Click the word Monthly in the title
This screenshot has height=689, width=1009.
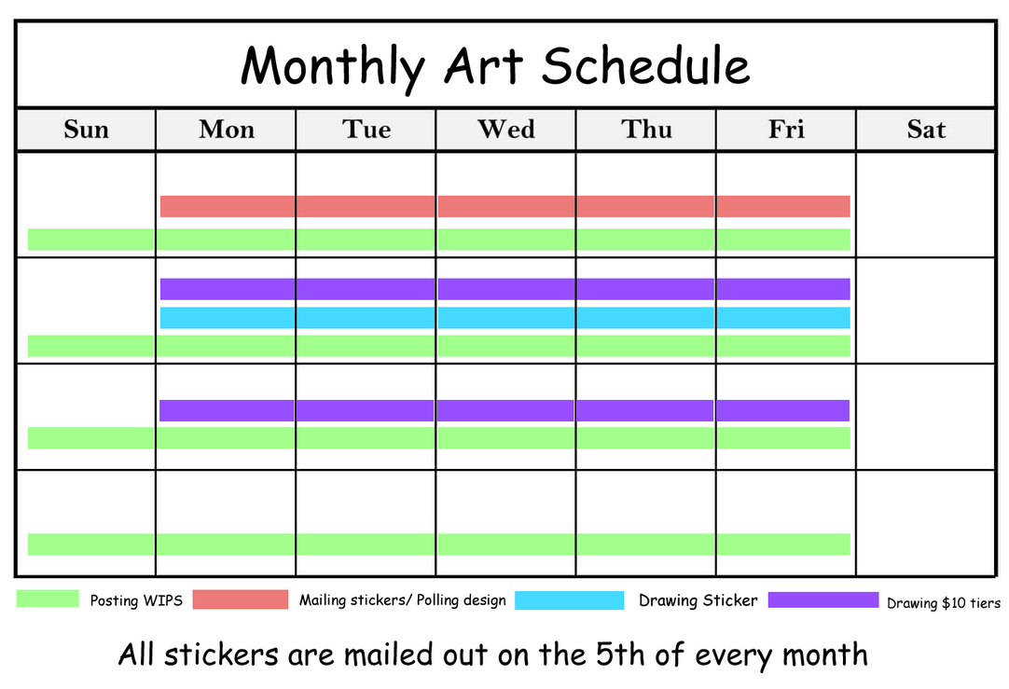pyautogui.click(x=333, y=68)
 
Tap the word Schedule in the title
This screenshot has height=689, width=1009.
pyautogui.click(x=645, y=65)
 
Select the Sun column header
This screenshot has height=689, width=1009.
pyautogui.click(x=86, y=130)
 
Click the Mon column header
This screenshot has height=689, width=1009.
pyautogui.click(x=227, y=130)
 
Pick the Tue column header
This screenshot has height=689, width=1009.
pyautogui.click(x=366, y=130)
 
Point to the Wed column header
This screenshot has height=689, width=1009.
pyautogui.click(x=505, y=130)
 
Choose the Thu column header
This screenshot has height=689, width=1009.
pyautogui.click(x=646, y=130)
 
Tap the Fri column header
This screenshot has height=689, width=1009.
pyautogui.click(x=786, y=130)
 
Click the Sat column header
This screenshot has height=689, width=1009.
pyautogui.click(x=926, y=130)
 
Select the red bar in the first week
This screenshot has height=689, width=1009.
pyautogui.click(x=505, y=206)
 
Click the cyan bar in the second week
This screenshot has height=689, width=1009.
pyautogui.click(x=505, y=318)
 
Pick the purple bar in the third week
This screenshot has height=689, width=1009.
pyautogui.click(x=504, y=410)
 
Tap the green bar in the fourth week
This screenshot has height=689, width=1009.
pyautogui.click(x=439, y=544)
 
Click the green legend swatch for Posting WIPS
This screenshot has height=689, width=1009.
pyautogui.click(x=48, y=599)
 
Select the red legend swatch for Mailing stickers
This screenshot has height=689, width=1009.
pyautogui.click(x=241, y=599)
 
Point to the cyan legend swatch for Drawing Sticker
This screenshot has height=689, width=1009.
pyautogui.click(x=570, y=600)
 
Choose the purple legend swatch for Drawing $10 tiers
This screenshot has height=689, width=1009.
pyautogui.click(x=823, y=599)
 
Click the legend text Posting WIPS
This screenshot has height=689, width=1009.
pyautogui.click(x=136, y=600)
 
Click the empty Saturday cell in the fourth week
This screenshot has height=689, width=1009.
pyautogui.click(x=926, y=523)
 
